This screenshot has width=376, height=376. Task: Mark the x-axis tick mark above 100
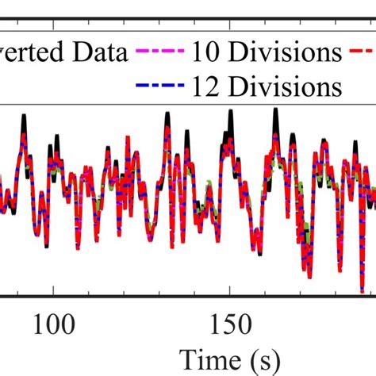tap(53, 293)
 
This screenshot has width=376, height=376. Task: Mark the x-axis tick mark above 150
tap(229, 293)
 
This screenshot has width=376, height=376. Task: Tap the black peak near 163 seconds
tap(275, 112)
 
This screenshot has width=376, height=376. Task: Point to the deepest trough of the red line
tap(362, 290)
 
